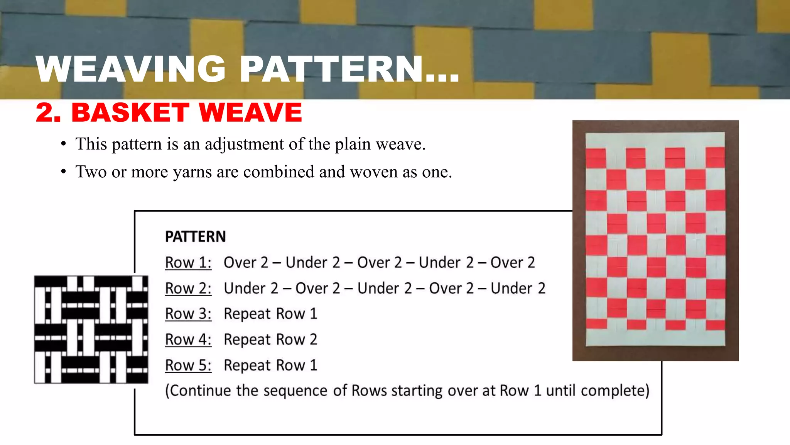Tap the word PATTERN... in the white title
(349, 69)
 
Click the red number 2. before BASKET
(48, 112)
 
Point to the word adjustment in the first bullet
(245, 144)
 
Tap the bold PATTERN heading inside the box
(195, 236)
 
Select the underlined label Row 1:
(188, 263)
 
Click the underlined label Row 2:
(188, 289)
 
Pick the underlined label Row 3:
(188, 314)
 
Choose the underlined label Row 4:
(188, 340)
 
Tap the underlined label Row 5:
(188, 365)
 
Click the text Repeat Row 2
(270, 340)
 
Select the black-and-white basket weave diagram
(91, 330)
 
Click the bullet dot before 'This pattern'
(64, 144)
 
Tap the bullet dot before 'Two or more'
(64, 172)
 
